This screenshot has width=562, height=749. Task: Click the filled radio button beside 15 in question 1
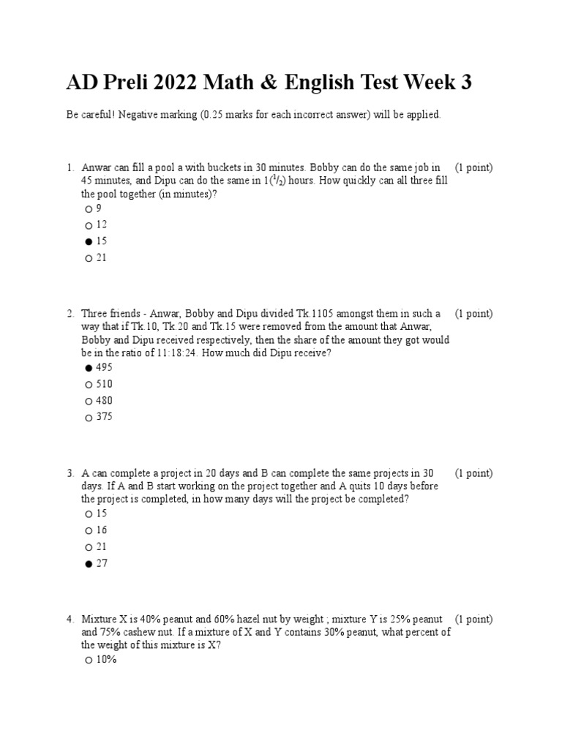pos(89,241)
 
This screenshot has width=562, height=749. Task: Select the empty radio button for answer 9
pos(89,209)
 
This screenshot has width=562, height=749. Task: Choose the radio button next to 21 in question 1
pos(89,258)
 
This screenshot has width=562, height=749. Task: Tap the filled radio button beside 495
pos(89,368)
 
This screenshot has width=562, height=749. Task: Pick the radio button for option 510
pos(89,385)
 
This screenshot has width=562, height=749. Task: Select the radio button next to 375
pos(89,418)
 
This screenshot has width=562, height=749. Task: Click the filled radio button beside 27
pos(89,564)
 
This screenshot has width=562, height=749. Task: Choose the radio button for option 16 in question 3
pos(89,530)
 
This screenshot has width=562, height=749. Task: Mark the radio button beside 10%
pos(89,660)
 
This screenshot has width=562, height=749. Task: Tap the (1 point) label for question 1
pos(473,168)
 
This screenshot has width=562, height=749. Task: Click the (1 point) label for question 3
pos(473,473)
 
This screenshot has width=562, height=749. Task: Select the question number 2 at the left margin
pos(70,314)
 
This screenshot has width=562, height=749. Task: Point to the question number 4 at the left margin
pos(70,620)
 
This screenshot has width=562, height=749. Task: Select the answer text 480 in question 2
pos(105,401)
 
